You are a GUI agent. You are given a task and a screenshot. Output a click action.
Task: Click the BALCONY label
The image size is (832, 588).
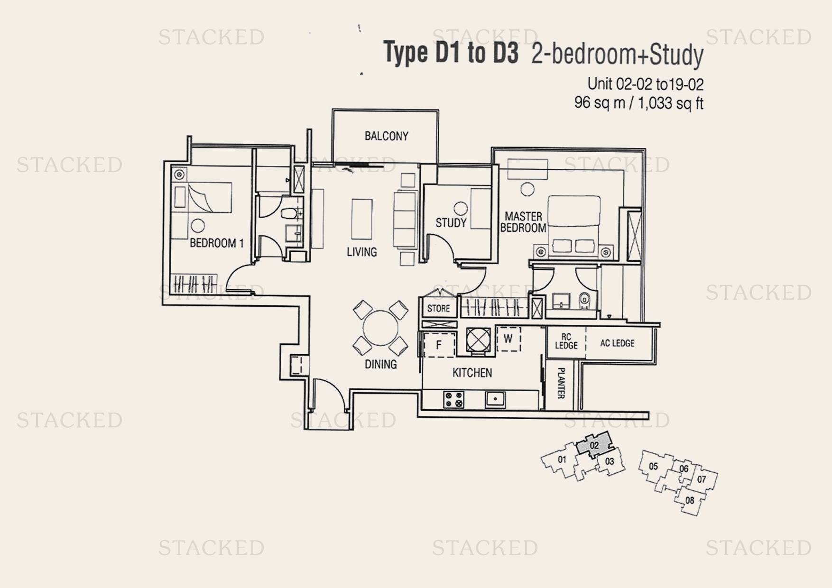386,136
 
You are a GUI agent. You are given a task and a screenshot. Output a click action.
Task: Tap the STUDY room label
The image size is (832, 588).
451,222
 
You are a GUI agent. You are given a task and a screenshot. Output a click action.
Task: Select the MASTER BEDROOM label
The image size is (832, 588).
523,222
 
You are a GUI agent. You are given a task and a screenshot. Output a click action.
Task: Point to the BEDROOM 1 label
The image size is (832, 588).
216,243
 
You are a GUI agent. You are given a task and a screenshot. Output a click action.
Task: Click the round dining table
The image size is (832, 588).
380,328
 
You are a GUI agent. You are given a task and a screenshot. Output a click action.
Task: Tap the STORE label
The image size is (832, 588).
438,308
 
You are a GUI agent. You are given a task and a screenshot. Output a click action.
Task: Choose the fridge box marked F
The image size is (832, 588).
439,345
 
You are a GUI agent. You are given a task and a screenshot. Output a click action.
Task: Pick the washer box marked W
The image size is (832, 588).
508,339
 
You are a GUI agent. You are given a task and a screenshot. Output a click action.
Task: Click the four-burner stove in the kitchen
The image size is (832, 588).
453,399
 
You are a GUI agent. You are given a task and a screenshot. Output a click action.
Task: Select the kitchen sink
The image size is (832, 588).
495,399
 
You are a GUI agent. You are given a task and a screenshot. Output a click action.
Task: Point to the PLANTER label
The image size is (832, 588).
561,383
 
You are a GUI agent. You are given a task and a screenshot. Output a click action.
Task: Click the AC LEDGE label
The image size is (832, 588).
617,343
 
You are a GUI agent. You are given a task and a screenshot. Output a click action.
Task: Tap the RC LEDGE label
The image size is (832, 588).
566,341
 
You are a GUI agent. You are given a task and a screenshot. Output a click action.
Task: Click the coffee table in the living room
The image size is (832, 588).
361,219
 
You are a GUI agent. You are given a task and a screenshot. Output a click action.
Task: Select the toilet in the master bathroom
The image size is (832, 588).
584,300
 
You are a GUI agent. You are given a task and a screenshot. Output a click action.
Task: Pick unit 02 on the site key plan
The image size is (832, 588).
594,445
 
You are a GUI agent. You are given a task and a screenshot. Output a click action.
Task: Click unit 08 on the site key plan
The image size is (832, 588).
690,500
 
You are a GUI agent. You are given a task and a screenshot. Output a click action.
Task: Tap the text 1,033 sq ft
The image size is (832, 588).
670,103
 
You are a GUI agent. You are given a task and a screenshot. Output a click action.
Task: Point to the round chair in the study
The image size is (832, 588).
461,208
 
